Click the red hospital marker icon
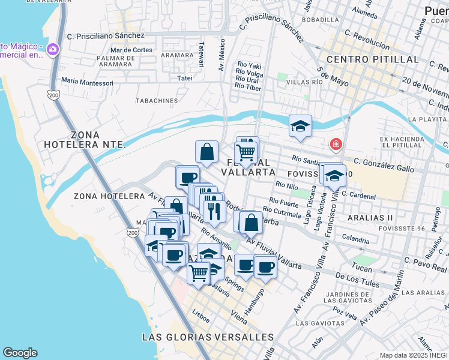pos(336,144)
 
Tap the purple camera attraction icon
pos(52,49)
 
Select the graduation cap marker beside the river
pos(300,126)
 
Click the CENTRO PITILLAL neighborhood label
pos(372,59)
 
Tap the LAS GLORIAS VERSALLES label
pos(208,337)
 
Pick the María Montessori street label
pos(87,82)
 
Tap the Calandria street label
pos(355,239)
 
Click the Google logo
pos(20,353)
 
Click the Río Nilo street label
pos(287,187)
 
